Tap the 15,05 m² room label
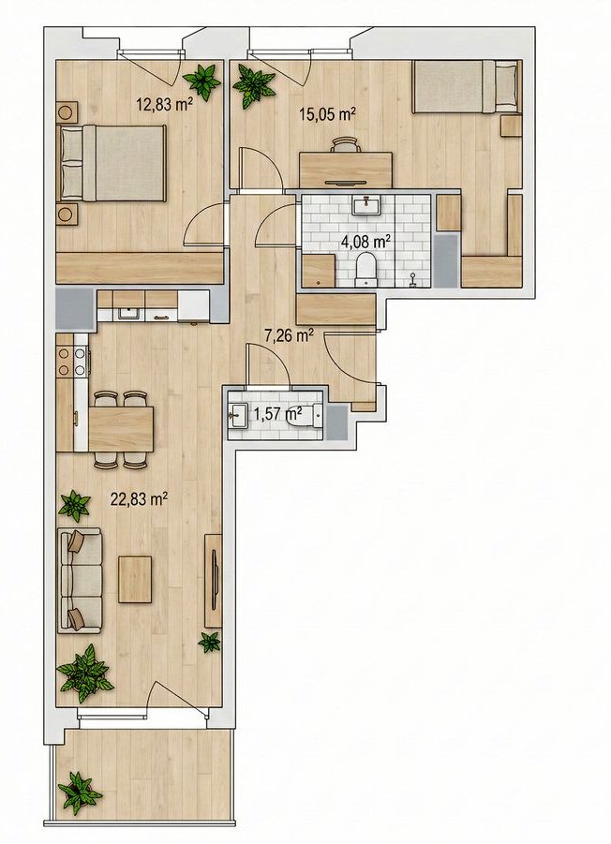click(x=327, y=113)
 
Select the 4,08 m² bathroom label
click(x=365, y=242)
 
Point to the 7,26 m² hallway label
click(x=289, y=336)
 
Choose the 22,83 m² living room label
click(x=138, y=499)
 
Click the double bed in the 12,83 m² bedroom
click(x=111, y=163)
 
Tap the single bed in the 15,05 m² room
click(x=466, y=87)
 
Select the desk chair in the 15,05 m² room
click(x=345, y=145)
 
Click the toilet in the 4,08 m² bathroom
click(x=366, y=269)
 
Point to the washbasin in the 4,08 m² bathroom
click(x=366, y=204)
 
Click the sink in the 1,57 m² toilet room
click(x=237, y=416)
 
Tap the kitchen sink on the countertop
click(x=129, y=313)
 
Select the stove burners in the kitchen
click(x=72, y=362)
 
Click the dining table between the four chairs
click(x=121, y=428)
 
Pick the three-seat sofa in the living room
click(x=80, y=580)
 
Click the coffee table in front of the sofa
click(x=135, y=579)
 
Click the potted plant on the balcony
click(x=80, y=792)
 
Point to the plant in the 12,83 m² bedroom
click(x=202, y=80)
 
